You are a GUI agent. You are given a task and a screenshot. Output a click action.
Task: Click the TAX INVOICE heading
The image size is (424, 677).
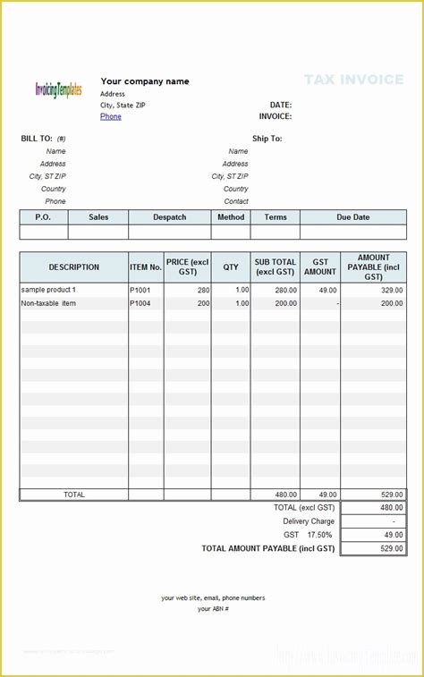point(353,80)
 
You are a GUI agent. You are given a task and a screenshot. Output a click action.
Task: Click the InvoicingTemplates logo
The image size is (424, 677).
point(58,89)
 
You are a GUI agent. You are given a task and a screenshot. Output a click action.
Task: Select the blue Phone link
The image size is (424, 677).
point(111,116)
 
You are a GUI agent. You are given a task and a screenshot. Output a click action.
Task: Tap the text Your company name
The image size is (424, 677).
point(145,81)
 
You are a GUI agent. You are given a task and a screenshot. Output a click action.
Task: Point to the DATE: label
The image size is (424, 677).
point(281,105)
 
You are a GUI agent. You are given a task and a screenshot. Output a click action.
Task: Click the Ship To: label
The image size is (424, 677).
point(267,139)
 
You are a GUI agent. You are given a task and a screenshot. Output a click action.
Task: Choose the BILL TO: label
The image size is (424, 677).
point(37,139)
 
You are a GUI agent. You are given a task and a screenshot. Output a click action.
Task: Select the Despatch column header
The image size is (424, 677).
point(170,217)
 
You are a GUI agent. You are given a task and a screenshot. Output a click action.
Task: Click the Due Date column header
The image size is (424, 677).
point(352,217)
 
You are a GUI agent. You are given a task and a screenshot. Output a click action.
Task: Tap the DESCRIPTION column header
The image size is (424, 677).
point(74,267)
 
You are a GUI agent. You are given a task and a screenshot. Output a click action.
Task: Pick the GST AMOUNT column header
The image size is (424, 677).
point(320,267)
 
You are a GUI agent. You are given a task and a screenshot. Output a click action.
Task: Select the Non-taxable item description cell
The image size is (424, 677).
point(48,304)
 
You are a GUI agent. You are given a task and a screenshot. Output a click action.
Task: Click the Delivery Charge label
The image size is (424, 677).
point(309,521)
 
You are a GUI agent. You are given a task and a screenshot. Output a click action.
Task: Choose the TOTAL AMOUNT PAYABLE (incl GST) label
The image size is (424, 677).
point(268,548)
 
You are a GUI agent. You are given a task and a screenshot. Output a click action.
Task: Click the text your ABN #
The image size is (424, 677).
point(213,609)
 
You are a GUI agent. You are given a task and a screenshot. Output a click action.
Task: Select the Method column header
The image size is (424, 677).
point(231,217)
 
